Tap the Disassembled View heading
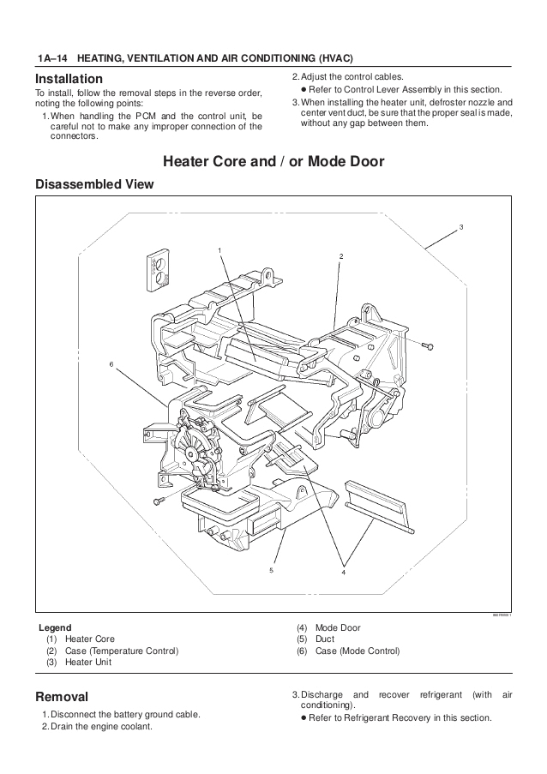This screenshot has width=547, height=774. (x=94, y=184)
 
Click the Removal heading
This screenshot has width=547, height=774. (x=61, y=696)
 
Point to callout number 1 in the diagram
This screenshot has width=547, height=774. (x=220, y=249)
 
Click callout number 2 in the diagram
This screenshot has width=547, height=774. (x=340, y=256)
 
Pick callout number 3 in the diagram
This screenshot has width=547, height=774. (x=461, y=227)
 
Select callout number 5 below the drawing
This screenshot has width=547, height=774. (x=271, y=569)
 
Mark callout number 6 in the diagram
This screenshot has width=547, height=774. (x=111, y=364)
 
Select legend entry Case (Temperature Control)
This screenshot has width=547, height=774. (x=122, y=651)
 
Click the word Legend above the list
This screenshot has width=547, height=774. (x=55, y=627)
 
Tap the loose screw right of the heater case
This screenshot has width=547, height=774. (x=429, y=345)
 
